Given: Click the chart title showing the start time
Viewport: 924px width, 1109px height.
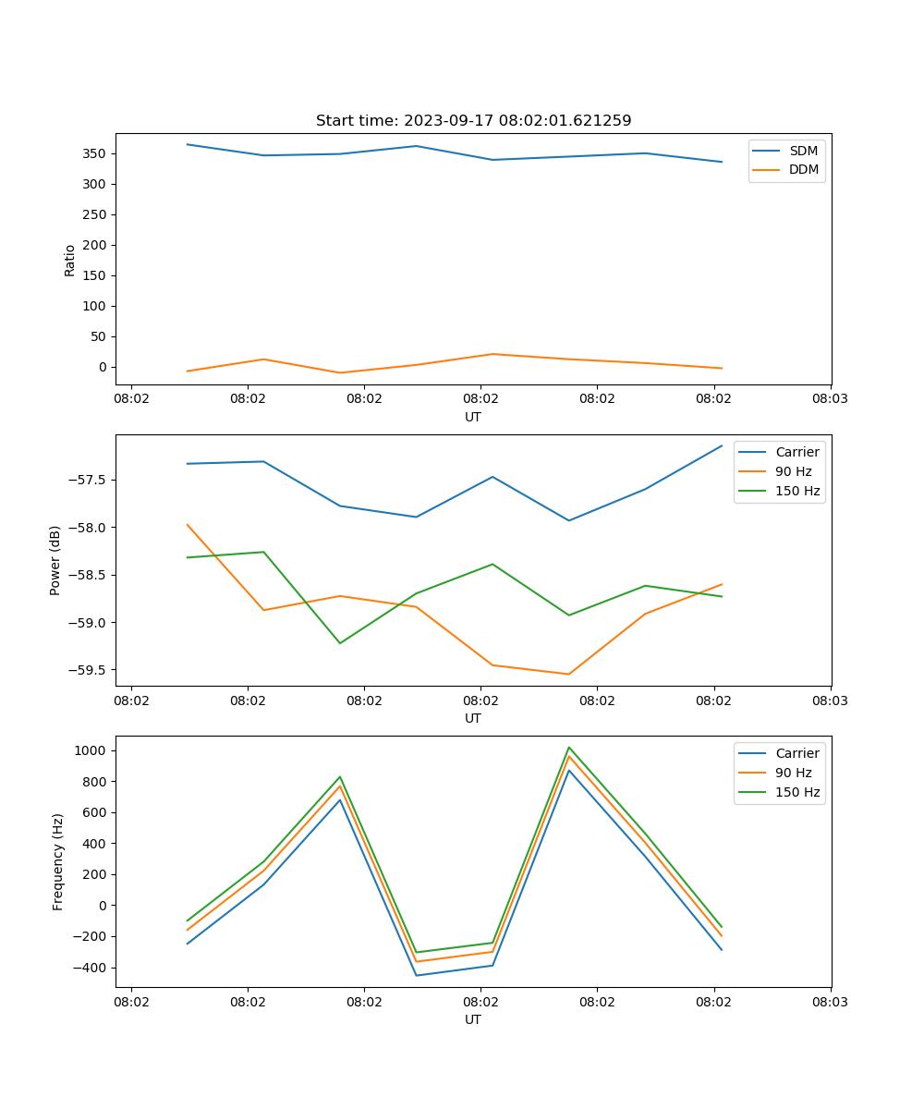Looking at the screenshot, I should [473, 121].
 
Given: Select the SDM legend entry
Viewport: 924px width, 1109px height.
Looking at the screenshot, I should [803, 151].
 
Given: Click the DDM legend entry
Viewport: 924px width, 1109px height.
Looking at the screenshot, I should [803, 169].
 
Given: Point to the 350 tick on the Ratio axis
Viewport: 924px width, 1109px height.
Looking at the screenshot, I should [96, 153].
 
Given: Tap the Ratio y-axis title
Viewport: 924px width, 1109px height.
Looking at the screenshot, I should [70, 261].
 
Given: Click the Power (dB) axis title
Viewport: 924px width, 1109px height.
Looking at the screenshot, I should [55, 560].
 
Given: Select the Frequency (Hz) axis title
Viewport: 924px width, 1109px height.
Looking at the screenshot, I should [58, 861].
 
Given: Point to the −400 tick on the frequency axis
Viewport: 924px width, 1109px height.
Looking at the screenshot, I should [92, 968].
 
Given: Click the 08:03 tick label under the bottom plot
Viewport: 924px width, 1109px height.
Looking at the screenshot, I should [830, 1001].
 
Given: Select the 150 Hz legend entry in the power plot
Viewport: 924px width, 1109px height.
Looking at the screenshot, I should [797, 491].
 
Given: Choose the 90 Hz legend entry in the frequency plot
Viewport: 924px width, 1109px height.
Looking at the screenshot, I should [794, 773].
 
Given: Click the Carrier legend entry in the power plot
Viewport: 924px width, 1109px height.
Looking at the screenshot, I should [796, 452].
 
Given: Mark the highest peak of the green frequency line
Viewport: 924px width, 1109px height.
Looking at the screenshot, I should [569, 748].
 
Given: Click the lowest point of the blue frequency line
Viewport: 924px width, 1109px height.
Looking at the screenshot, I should [416, 975].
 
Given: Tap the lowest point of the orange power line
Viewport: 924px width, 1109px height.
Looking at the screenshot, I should [568, 674].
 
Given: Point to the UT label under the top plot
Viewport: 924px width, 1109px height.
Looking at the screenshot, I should [473, 417].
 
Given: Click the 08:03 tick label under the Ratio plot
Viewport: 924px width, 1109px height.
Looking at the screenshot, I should [830, 398].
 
